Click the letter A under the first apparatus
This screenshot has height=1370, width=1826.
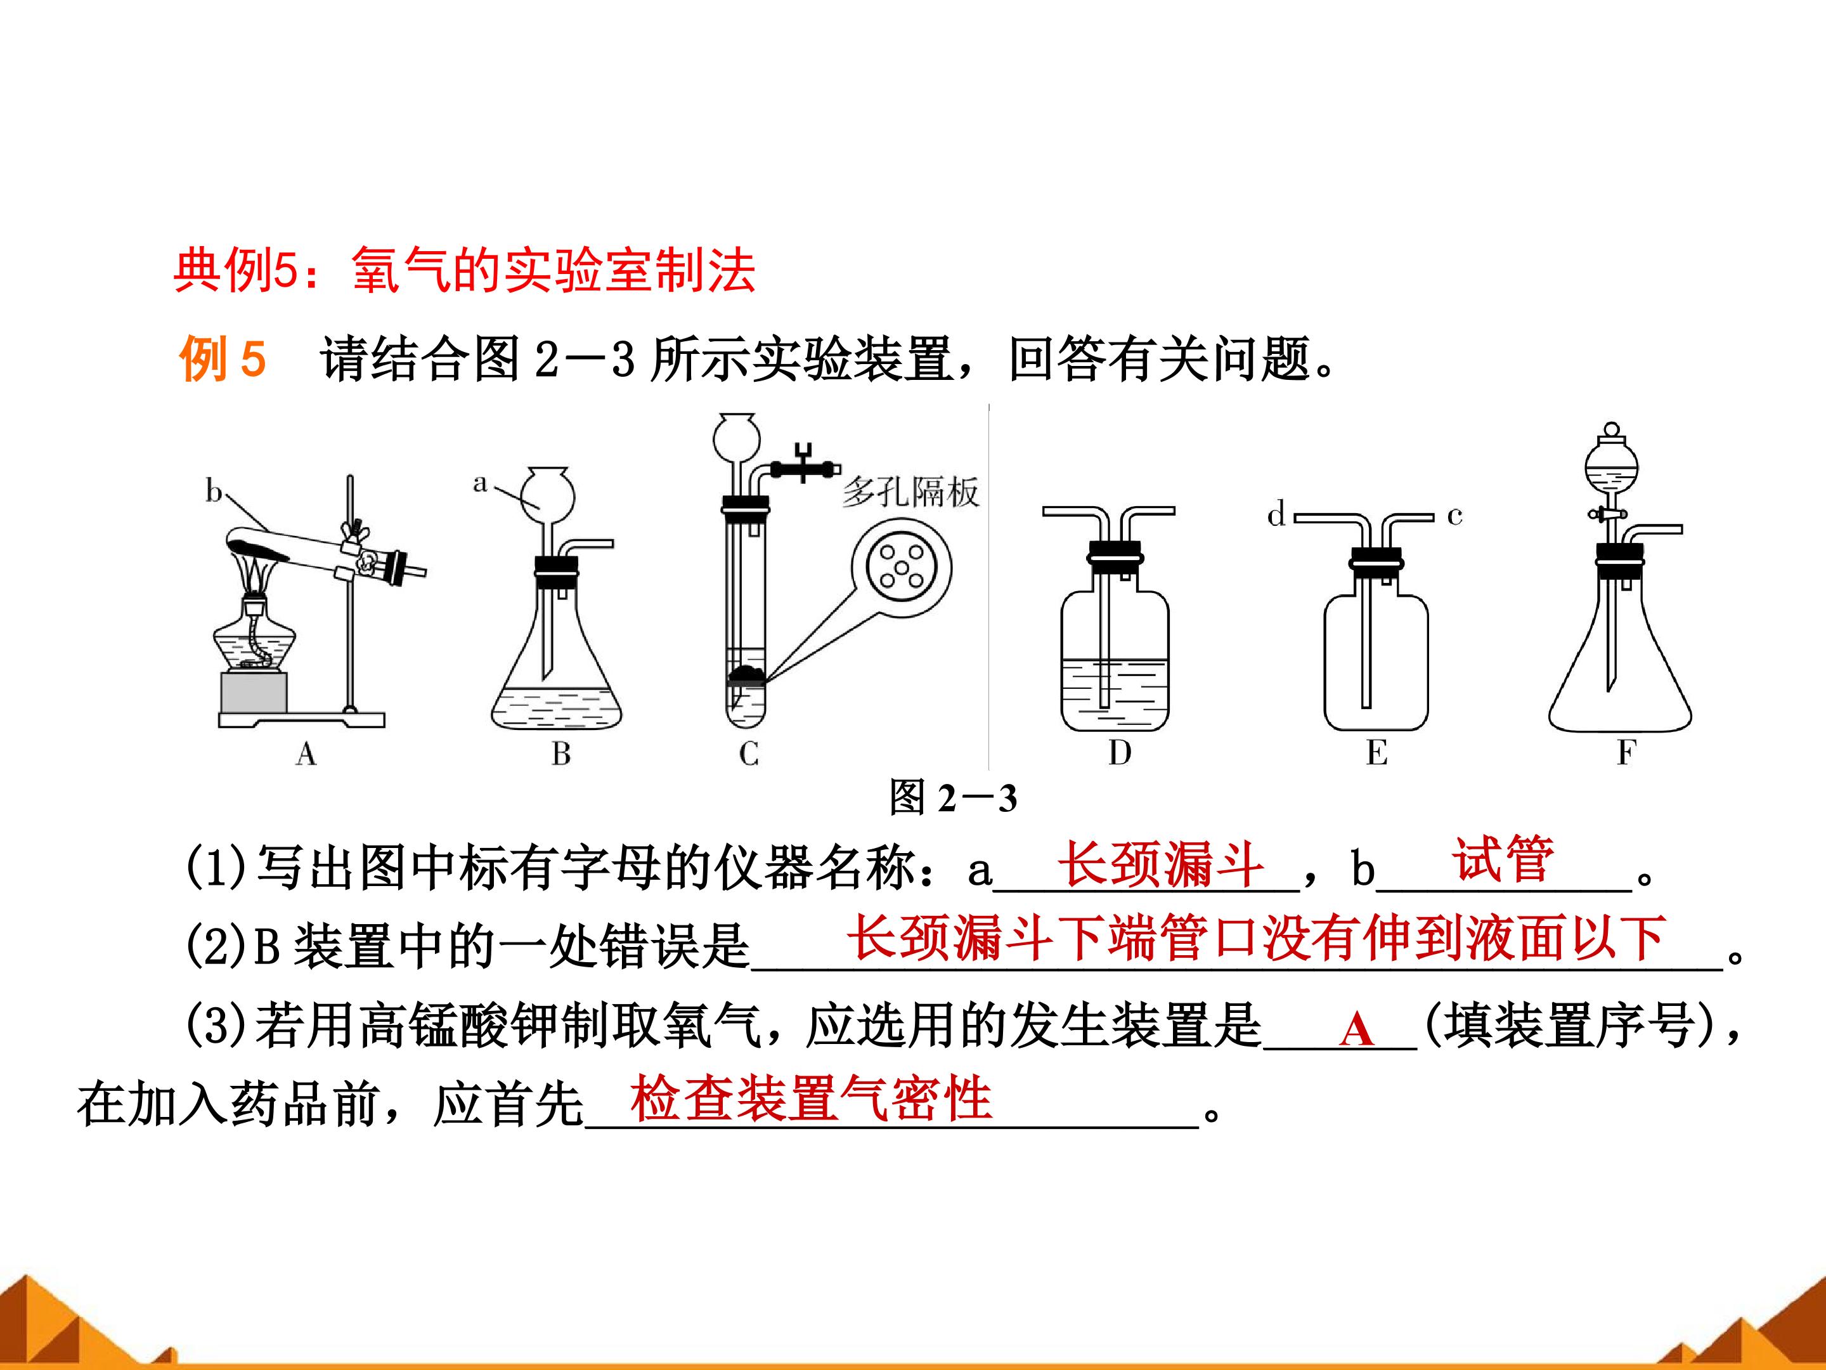306,753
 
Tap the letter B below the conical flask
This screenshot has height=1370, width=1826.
561,753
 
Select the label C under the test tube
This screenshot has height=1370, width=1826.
749,753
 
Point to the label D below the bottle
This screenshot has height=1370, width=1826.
1119,752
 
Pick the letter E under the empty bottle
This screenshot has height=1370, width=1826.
1376,752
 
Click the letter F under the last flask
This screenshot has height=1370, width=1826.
1626,752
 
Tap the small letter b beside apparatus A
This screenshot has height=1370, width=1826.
214,492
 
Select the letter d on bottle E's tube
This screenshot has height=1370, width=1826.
1276,514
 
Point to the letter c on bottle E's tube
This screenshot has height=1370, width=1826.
1454,516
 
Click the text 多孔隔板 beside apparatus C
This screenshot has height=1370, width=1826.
910,492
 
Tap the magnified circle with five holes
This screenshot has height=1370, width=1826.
902,566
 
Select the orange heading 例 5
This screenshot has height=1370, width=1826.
222,358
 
